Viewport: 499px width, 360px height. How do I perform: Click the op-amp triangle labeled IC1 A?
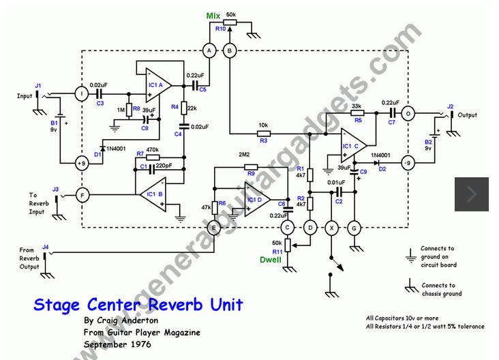tap(158, 86)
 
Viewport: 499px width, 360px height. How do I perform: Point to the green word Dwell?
tap(271, 260)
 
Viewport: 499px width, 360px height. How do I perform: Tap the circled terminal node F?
tap(82, 195)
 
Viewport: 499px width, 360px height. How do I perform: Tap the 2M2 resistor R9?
tap(251, 166)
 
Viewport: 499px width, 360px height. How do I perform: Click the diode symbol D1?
tap(102, 147)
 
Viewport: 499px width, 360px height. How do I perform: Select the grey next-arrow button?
tap(471, 194)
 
